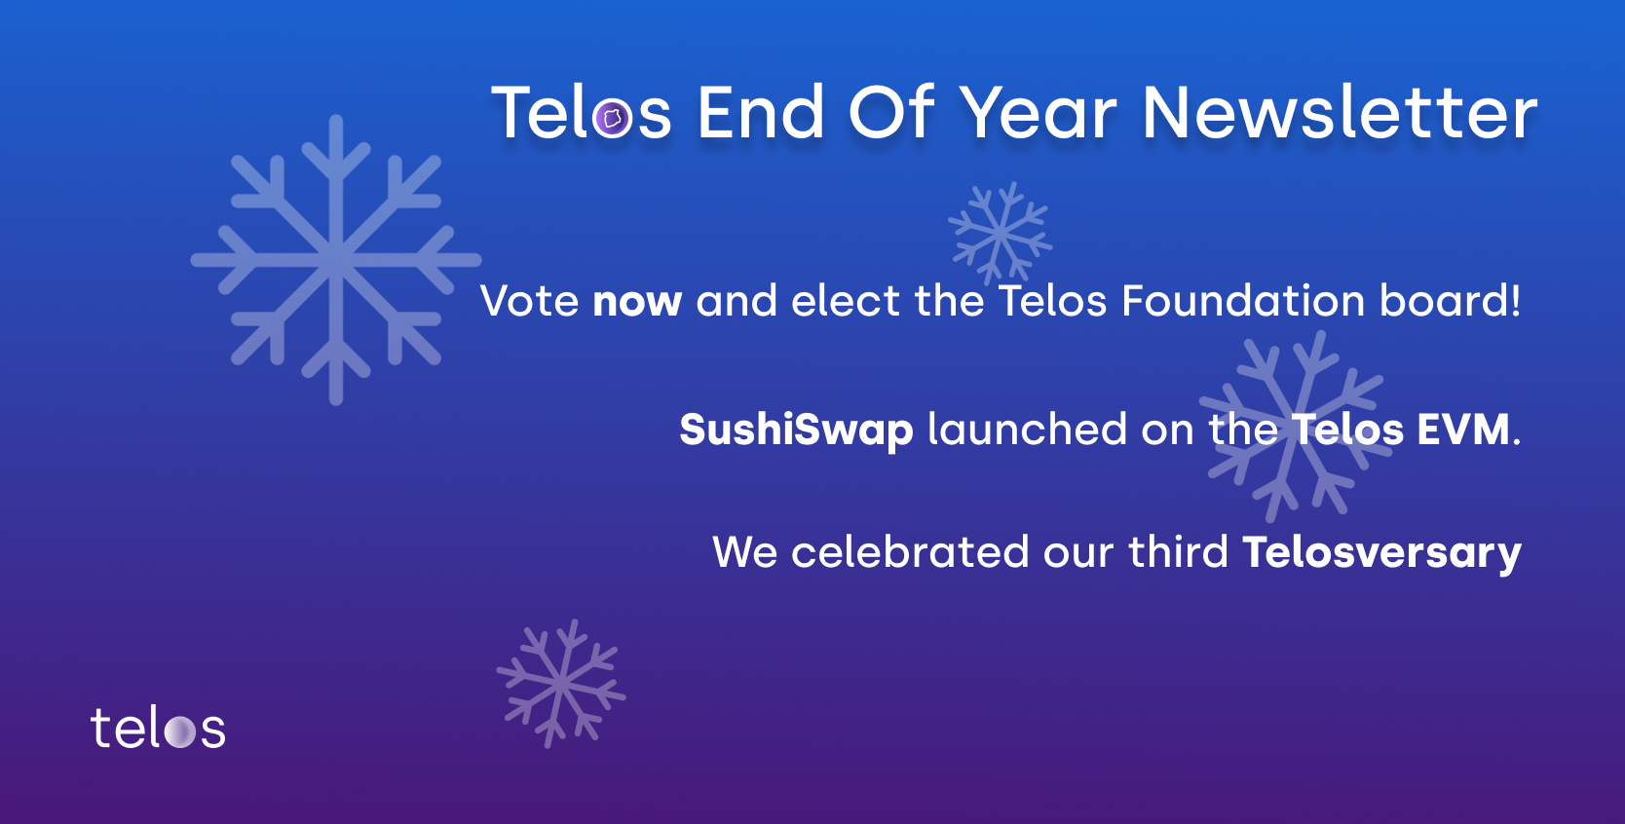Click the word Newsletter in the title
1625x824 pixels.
coord(1340,113)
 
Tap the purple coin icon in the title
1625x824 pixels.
coord(612,118)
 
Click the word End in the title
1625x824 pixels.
coord(760,113)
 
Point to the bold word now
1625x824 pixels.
coord(637,302)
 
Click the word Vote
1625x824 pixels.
coord(530,300)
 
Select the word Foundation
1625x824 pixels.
coord(1243,300)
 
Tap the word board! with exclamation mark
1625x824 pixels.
coord(1450,300)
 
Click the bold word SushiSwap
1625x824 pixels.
coord(796,431)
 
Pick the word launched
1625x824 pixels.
coord(1027,430)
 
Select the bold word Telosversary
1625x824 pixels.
coord(1382,553)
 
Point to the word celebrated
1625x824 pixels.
coord(910,552)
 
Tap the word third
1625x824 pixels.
coord(1178,551)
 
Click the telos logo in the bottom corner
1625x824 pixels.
coord(158,728)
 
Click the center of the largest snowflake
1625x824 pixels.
coord(336,260)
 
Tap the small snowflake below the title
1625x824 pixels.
coord(1001,233)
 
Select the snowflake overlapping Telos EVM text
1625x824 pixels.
coord(1296,427)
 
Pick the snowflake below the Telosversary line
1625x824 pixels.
coord(561,684)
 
